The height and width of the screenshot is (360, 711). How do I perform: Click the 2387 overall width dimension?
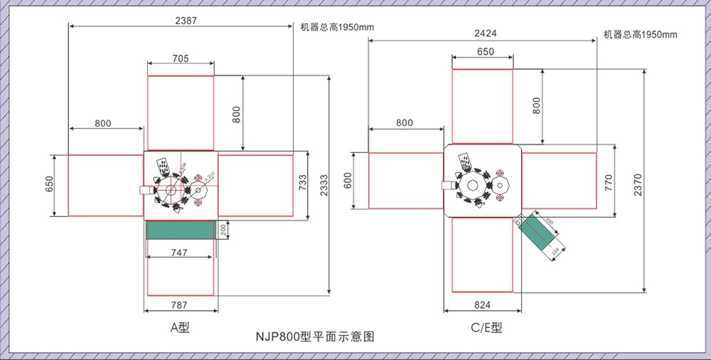[x=186, y=21]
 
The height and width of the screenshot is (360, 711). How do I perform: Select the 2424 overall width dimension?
[x=486, y=33]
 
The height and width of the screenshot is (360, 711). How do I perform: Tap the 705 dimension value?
[x=180, y=59]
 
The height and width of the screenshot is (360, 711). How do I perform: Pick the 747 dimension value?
[x=179, y=252]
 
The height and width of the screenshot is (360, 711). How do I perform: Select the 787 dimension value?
[x=179, y=305]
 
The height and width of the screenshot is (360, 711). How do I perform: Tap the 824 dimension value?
[x=482, y=305]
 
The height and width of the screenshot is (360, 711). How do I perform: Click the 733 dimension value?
[x=302, y=184]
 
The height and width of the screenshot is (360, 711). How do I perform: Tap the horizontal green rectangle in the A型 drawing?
[x=180, y=229]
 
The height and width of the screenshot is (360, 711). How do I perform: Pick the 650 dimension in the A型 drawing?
[x=49, y=184]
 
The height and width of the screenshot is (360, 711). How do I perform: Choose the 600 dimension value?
[x=349, y=181]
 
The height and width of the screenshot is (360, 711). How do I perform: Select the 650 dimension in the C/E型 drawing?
[x=486, y=52]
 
